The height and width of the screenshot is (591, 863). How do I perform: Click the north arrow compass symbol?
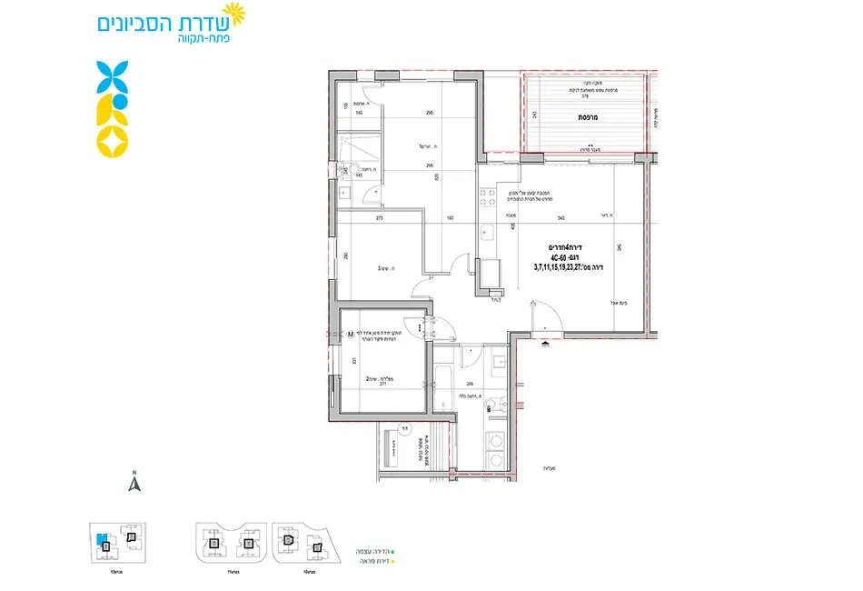(x=134, y=485)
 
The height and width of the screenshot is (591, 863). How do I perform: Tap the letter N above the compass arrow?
(x=134, y=473)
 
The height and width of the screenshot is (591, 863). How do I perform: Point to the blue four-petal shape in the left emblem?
(x=113, y=75)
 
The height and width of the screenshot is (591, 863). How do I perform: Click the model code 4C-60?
(x=551, y=257)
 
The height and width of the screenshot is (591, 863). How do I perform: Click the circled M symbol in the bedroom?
(x=349, y=335)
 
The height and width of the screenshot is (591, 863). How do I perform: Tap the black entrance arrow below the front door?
(x=544, y=344)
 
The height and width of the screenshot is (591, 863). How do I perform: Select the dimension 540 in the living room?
(x=560, y=218)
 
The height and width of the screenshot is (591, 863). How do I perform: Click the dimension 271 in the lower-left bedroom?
(x=382, y=386)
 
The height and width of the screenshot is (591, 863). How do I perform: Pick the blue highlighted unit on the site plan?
(x=103, y=538)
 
